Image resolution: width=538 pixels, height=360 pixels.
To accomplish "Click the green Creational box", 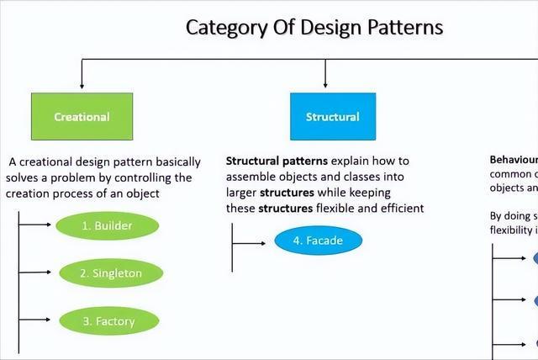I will click(x=82, y=116).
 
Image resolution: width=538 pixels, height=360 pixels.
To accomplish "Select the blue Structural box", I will click(x=332, y=116).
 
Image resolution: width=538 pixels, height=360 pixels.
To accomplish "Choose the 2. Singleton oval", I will click(x=111, y=273).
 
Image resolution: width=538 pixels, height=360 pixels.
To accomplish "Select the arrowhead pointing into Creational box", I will click(x=82, y=85).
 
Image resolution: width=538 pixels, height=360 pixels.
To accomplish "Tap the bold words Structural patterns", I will click(x=277, y=160).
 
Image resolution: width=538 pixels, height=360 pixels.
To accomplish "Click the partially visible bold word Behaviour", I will click(x=514, y=160).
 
